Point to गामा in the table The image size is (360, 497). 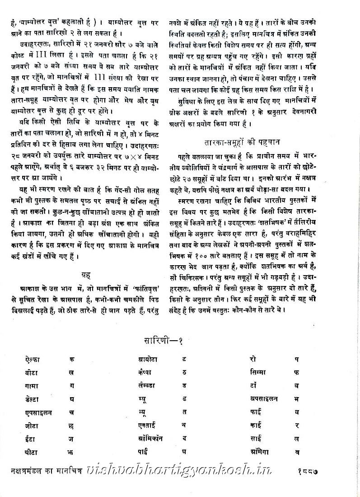(33, 386)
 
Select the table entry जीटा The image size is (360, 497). (33, 425)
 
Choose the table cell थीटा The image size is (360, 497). (33, 451)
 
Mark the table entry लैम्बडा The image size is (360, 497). (149, 386)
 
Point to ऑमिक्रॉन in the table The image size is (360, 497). (151, 438)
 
